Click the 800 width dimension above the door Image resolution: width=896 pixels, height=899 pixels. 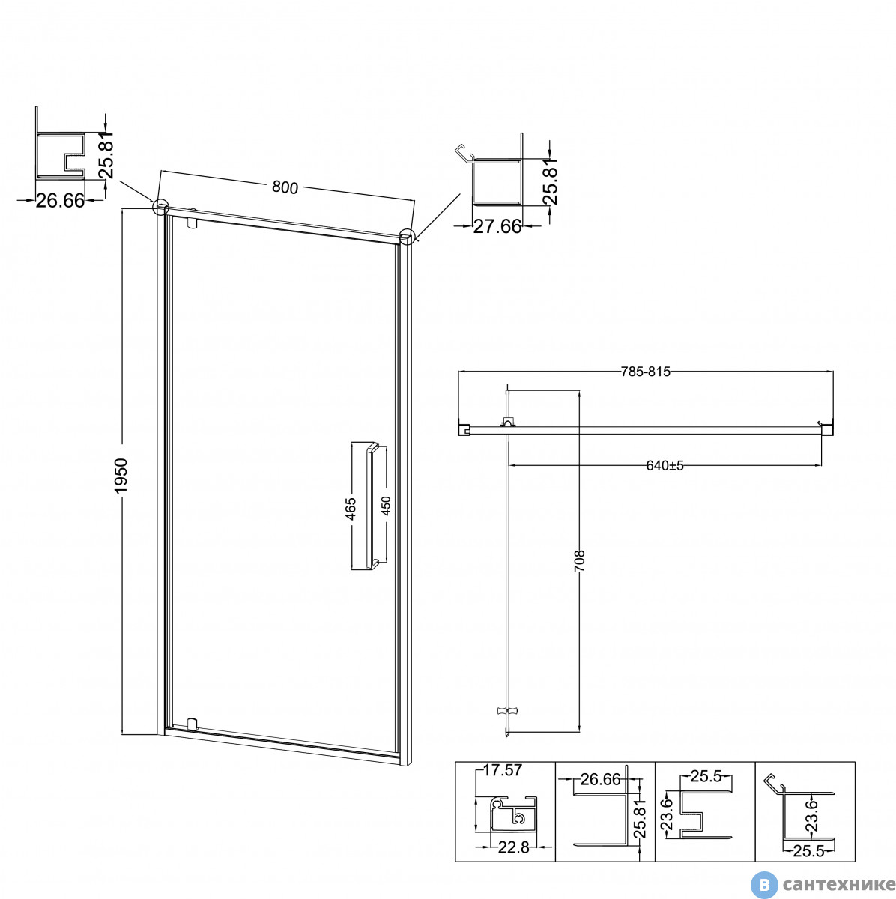tap(285, 187)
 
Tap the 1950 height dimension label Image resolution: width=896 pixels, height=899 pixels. tap(121, 476)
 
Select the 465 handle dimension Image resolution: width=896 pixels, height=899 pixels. tap(350, 509)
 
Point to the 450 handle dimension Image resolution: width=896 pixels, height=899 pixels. tap(386, 506)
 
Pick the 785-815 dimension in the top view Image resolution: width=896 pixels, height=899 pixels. tap(645, 372)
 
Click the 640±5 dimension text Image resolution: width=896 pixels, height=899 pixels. tap(665, 465)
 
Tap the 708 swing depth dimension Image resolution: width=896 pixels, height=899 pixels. tap(580, 560)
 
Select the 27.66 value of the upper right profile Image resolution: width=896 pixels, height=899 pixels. tap(497, 226)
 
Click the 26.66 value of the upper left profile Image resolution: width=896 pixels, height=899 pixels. tap(61, 201)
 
